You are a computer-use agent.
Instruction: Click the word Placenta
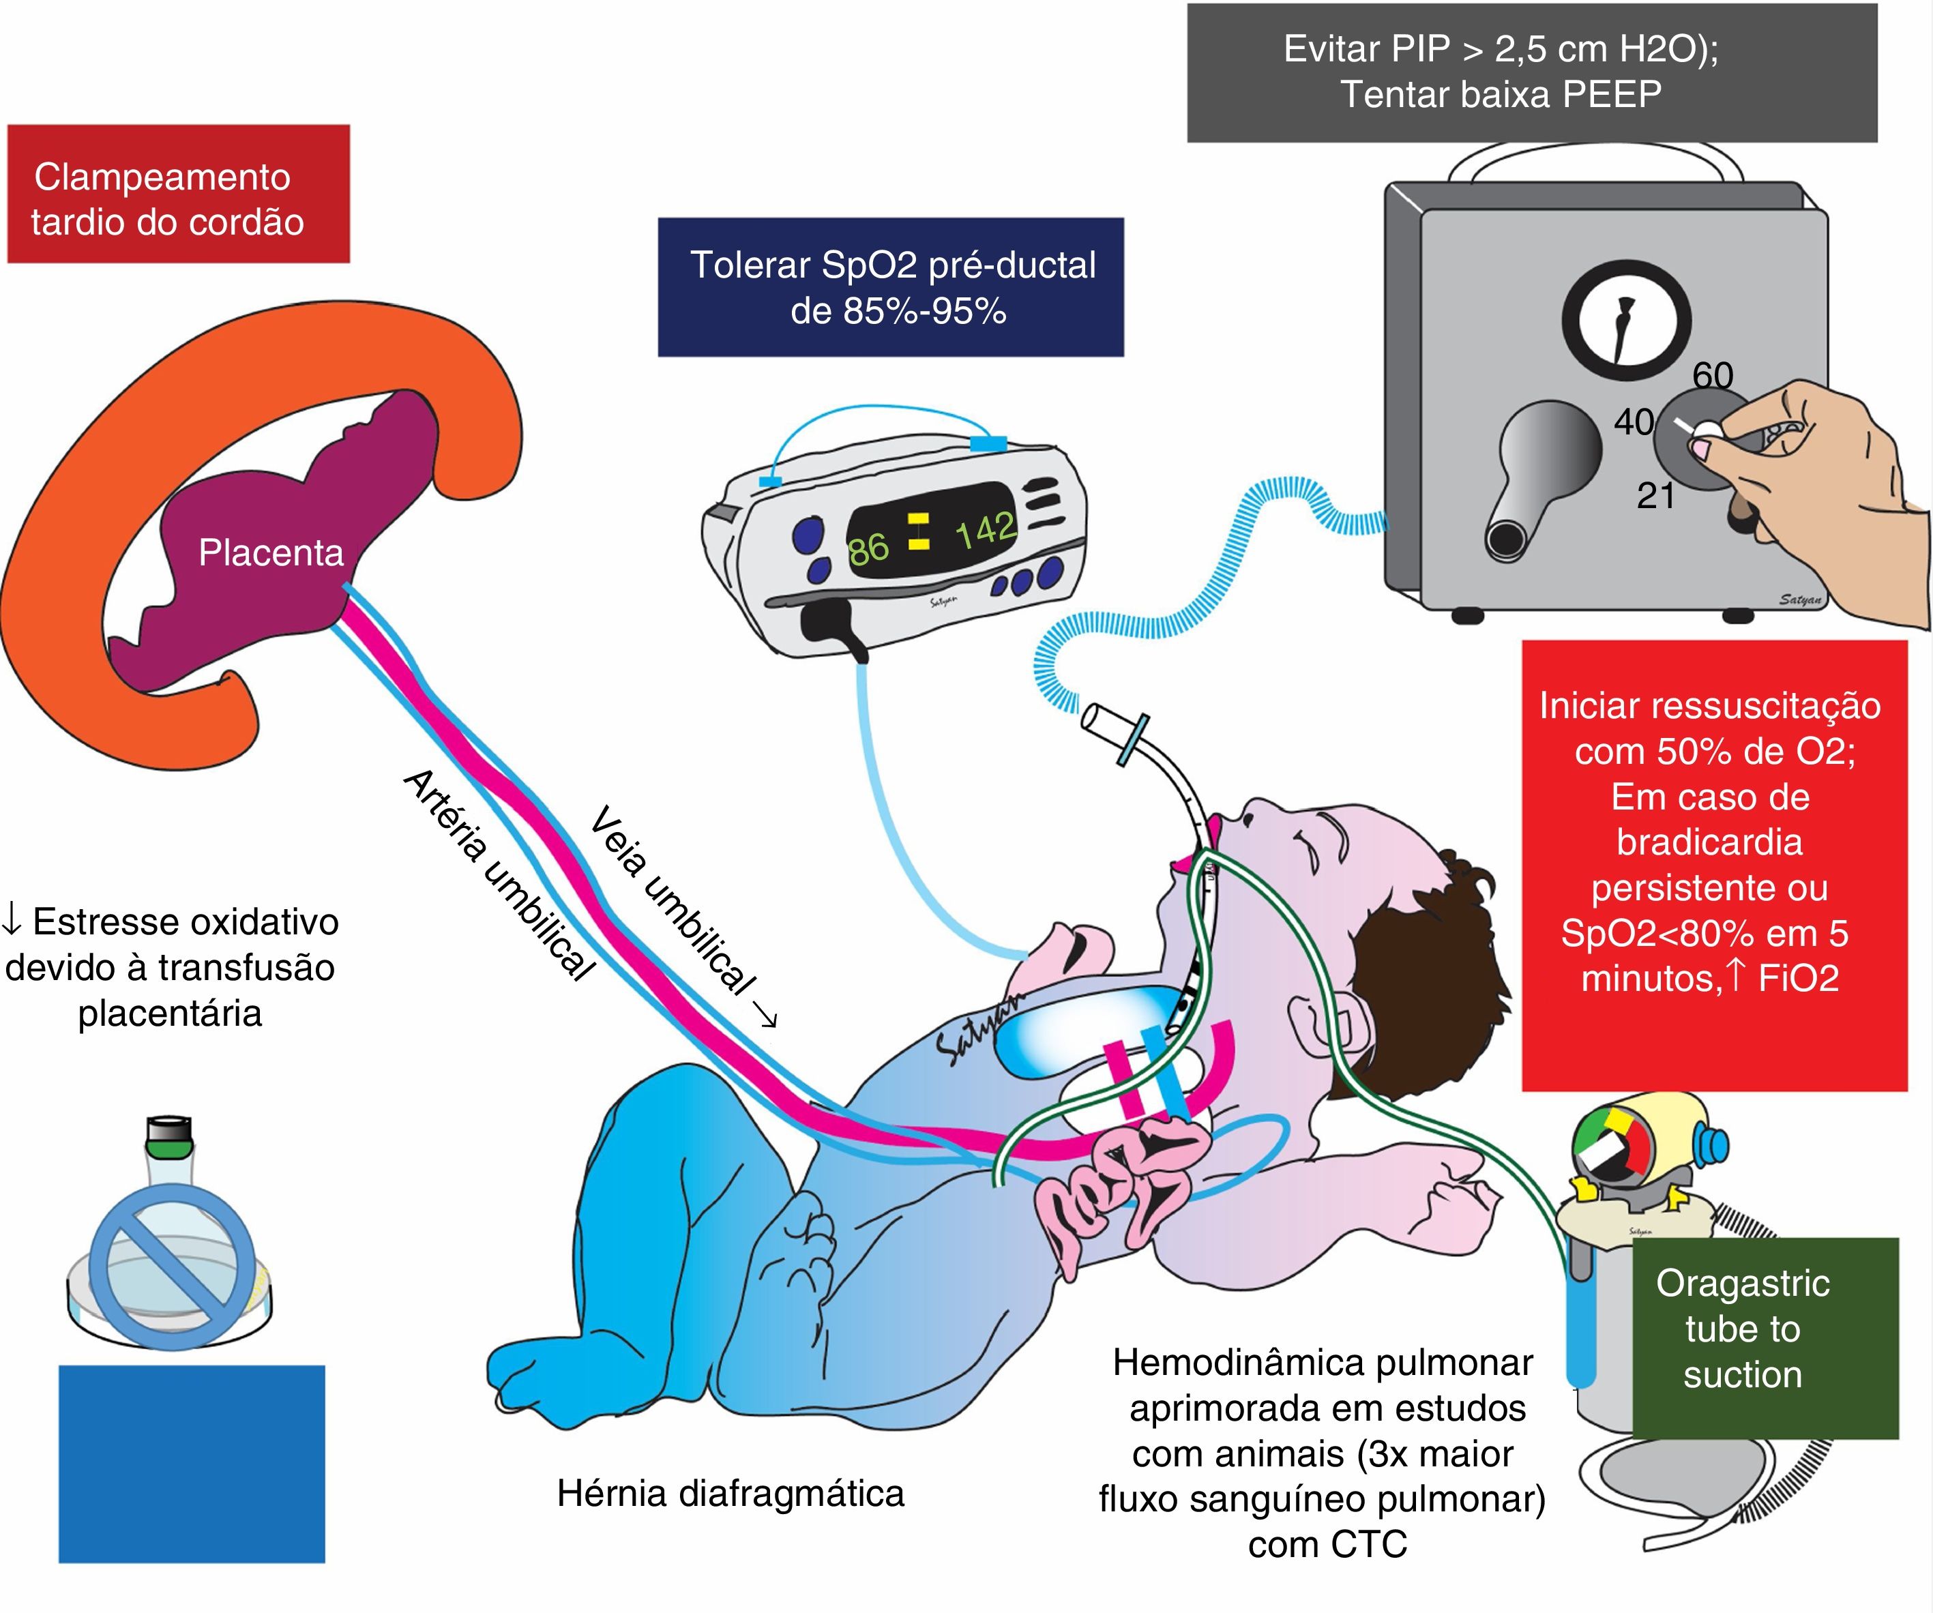(x=271, y=553)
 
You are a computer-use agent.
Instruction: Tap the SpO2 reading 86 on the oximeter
(x=868, y=550)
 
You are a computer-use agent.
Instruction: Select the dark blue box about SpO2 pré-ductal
(x=890, y=287)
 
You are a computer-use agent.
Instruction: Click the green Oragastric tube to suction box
(x=1765, y=1337)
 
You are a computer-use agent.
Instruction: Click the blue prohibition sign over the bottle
(x=172, y=1266)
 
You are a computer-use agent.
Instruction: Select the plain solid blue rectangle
(x=192, y=1464)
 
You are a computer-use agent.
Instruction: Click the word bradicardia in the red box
(x=1709, y=842)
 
